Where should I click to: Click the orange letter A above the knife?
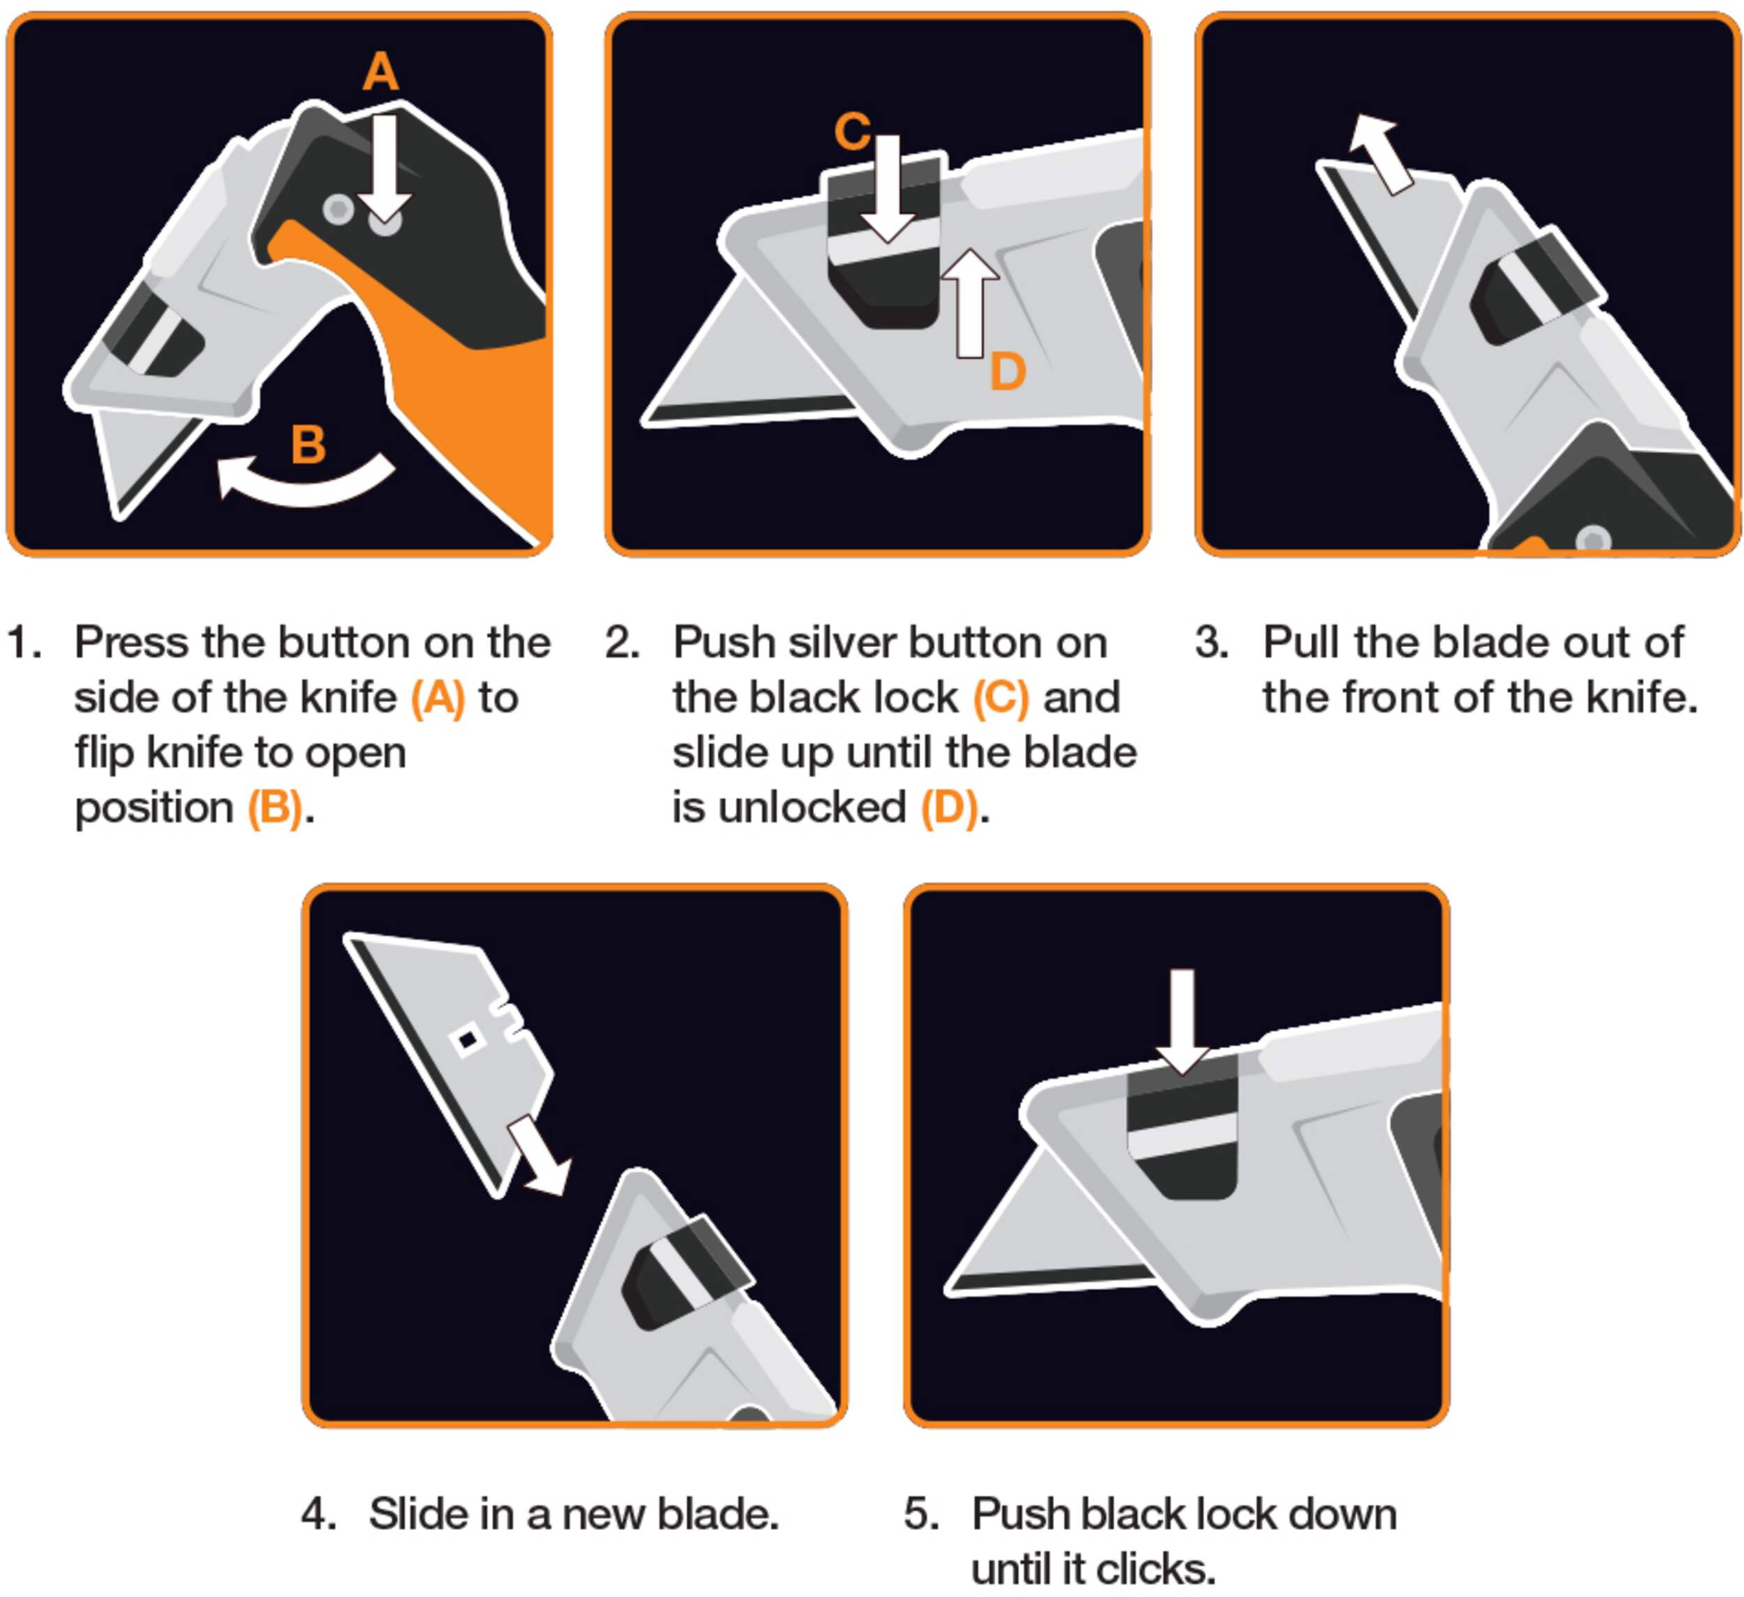[381, 71]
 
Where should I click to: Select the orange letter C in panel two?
[852, 131]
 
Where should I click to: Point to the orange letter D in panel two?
[1007, 372]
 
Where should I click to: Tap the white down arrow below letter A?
[384, 169]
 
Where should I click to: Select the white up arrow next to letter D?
[970, 303]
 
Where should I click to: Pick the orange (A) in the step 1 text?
[437, 699]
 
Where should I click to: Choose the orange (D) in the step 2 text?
[949, 808]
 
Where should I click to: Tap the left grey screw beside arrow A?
[338, 209]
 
